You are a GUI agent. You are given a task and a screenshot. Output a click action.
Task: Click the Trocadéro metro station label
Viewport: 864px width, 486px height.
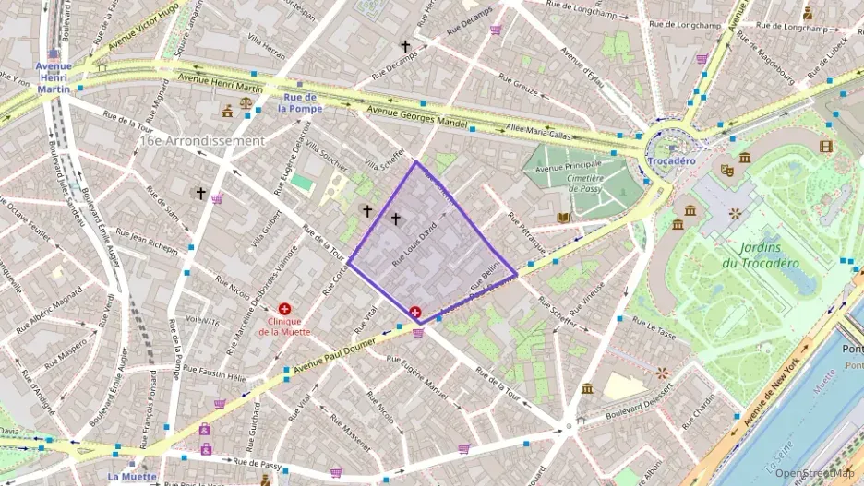671,160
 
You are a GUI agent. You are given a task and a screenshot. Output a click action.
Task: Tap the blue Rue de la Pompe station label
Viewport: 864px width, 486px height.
300,102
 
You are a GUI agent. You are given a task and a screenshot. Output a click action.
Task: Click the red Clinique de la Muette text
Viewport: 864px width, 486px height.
284,326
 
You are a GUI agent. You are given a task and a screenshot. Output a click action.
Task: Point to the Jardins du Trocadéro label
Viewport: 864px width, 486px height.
761,255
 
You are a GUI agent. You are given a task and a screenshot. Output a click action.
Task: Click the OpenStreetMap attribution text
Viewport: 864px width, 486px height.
815,473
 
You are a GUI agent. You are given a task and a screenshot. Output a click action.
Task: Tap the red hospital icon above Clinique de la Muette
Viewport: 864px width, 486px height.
284,308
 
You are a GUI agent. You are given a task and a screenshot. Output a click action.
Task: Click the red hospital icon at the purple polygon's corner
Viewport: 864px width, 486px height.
415,314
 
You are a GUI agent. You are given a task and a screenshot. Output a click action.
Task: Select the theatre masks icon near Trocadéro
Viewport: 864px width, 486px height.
727,170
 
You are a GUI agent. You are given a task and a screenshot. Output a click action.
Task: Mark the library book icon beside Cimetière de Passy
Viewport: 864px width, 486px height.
563,218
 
